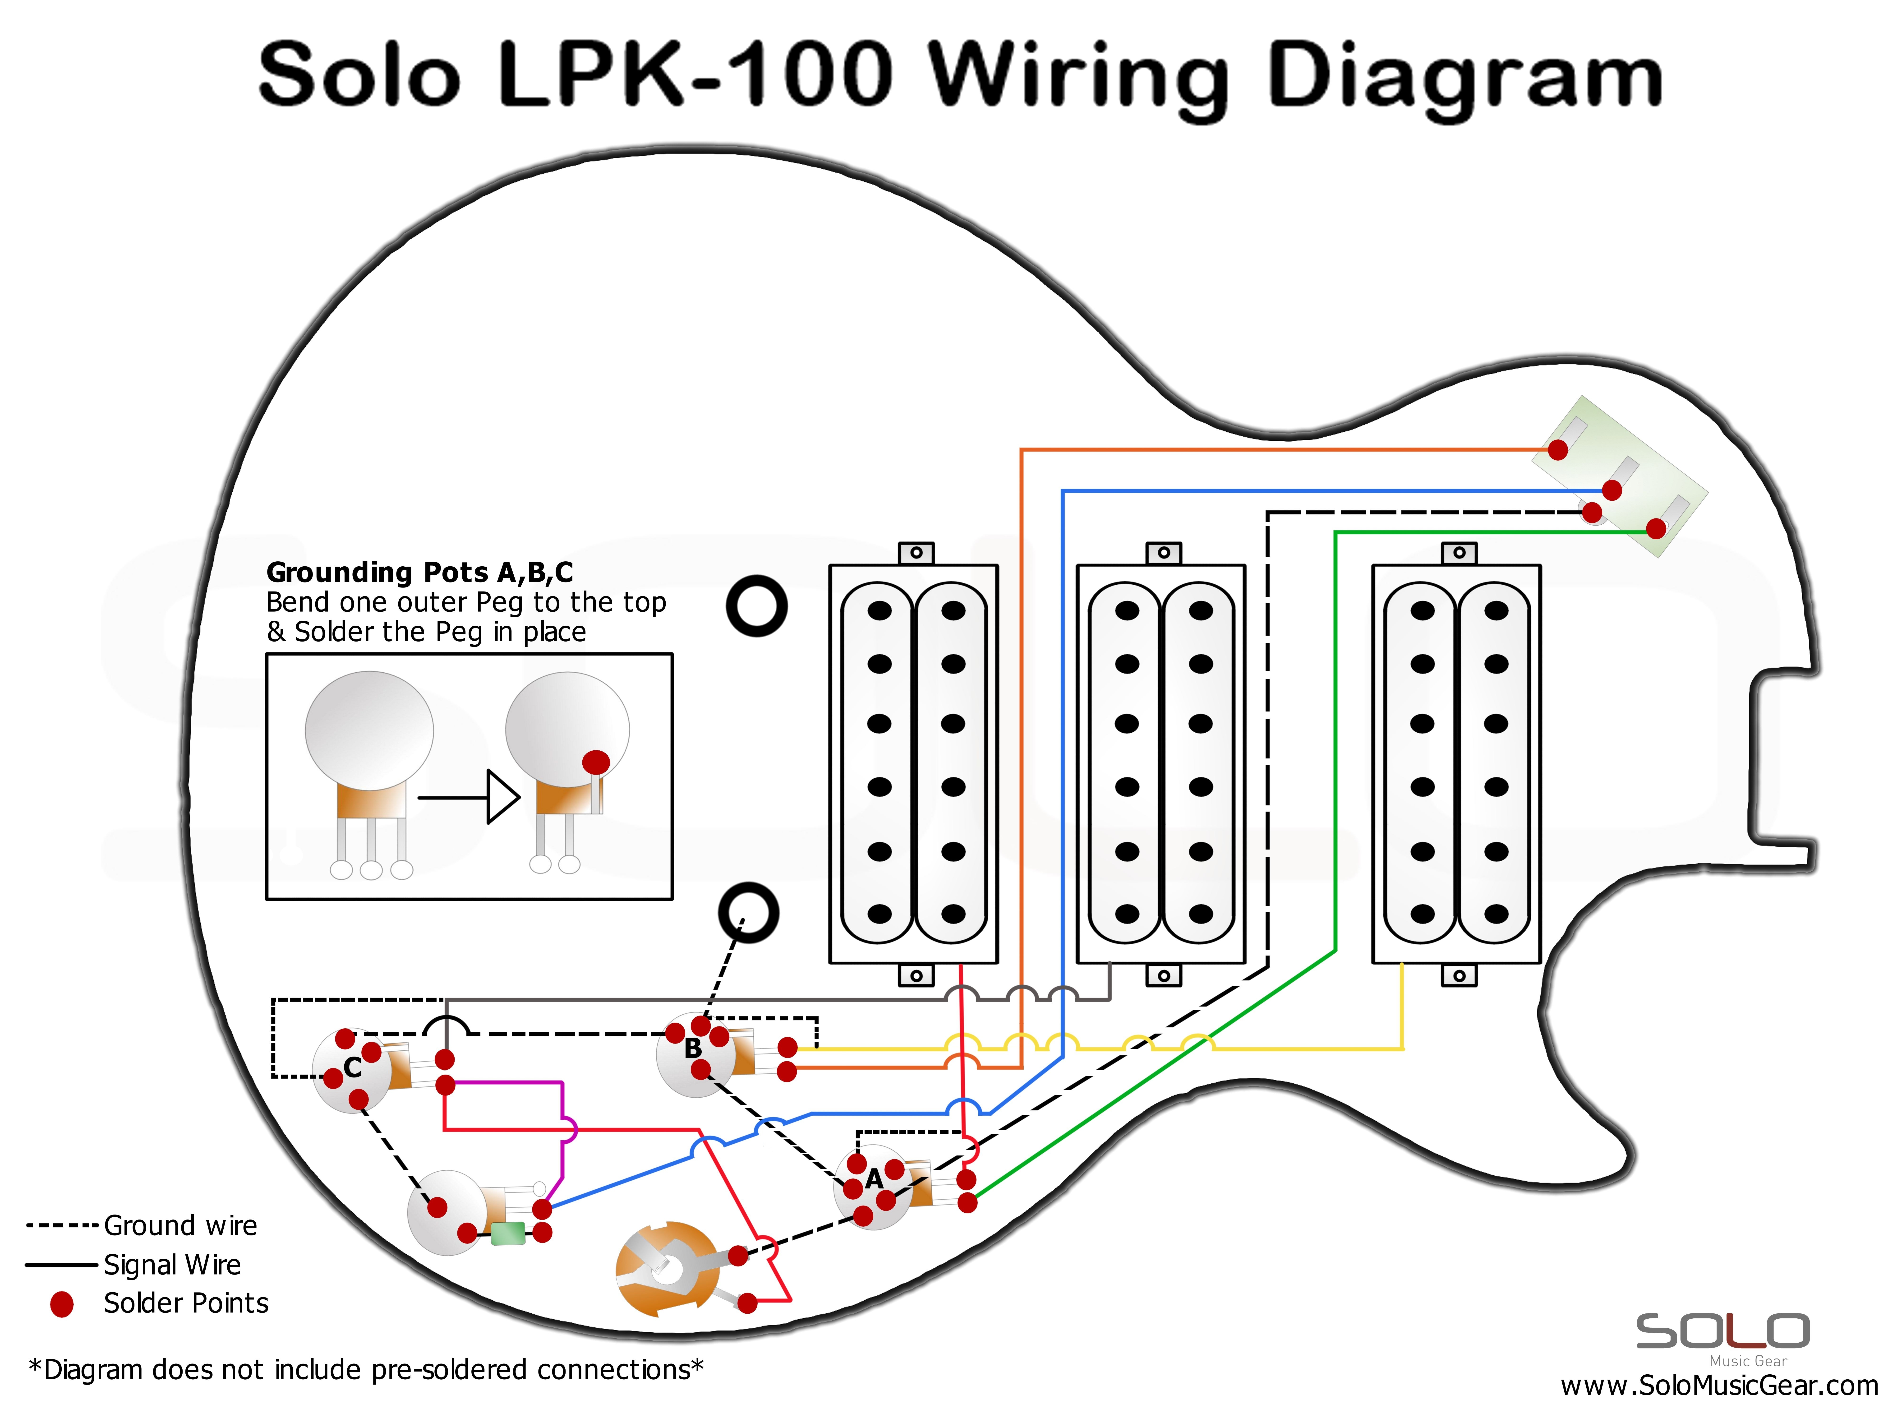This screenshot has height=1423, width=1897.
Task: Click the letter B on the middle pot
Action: click(x=693, y=1048)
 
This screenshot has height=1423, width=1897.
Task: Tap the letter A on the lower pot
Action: click(x=874, y=1179)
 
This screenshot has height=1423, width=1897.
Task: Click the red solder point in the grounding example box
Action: click(x=596, y=762)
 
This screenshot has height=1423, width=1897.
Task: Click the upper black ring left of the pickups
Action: click(x=756, y=605)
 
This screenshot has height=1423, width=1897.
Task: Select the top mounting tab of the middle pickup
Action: click(x=1164, y=552)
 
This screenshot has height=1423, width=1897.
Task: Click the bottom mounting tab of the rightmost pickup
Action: click(x=1459, y=975)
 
